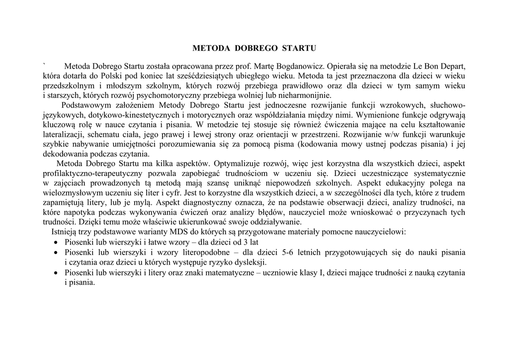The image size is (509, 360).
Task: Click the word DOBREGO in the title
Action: pyautogui.click(x=255, y=49)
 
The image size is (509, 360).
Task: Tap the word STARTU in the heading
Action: pyautogui.click(x=299, y=49)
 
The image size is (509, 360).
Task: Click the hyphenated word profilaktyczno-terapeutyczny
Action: pyautogui.click(x=93, y=174)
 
